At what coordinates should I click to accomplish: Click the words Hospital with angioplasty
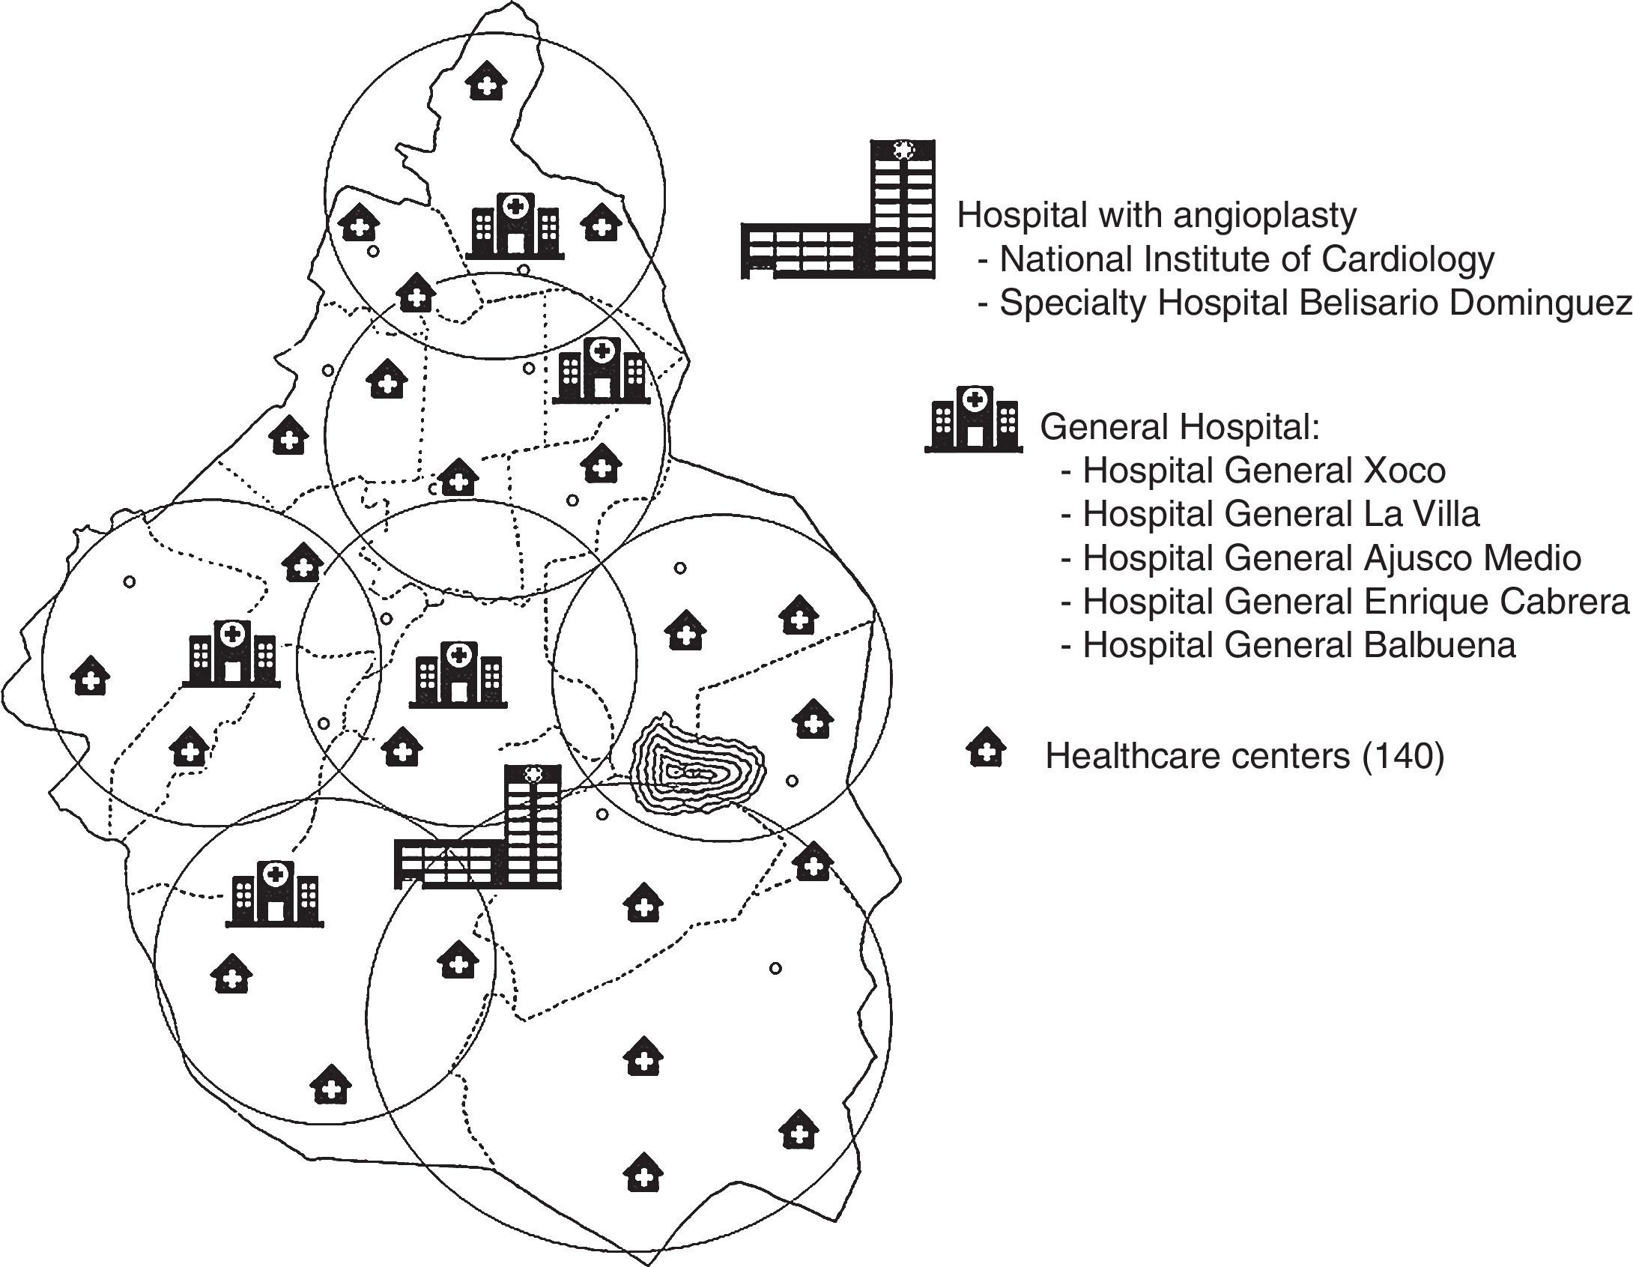[x=1157, y=216]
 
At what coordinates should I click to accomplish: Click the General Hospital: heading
[x=1180, y=427]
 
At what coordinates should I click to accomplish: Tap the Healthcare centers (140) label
[x=1244, y=756]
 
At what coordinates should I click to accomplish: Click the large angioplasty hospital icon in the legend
[x=837, y=209]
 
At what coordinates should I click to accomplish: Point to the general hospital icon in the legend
[x=973, y=420]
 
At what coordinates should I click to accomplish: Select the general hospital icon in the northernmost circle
[x=515, y=226]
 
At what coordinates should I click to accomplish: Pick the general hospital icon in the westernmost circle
[x=231, y=654]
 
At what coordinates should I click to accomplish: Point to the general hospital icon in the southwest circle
[x=275, y=894]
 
